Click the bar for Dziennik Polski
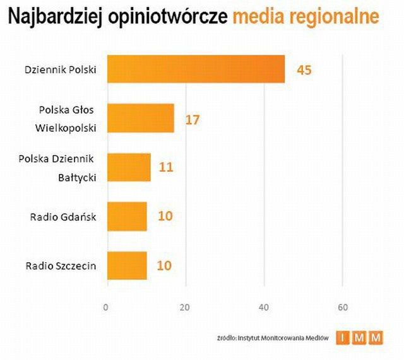pyautogui.click(x=196, y=69)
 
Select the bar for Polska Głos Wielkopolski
pyautogui.click(x=140, y=119)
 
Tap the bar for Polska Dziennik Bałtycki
pyautogui.click(x=129, y=167)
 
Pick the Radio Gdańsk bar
pyautogui.click(x=127, y=216)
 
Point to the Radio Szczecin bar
pyautogui.click(x=127, y=265)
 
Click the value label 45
pyautogui.click(x=304, y=69)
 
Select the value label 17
pyautogui.click(x=193, y=119)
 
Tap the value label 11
pyautogui.click(x=165, y=168)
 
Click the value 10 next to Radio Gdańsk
pyautogui.click(x=165, y=217)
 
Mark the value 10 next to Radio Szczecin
pyautogui.click(x=164, y=265)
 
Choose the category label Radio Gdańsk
pyautogui.click(x=63, y=217)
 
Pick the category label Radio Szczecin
pyautogui.click(x=61, y=265)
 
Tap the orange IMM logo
pyautogui.click(x=359, y=339)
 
